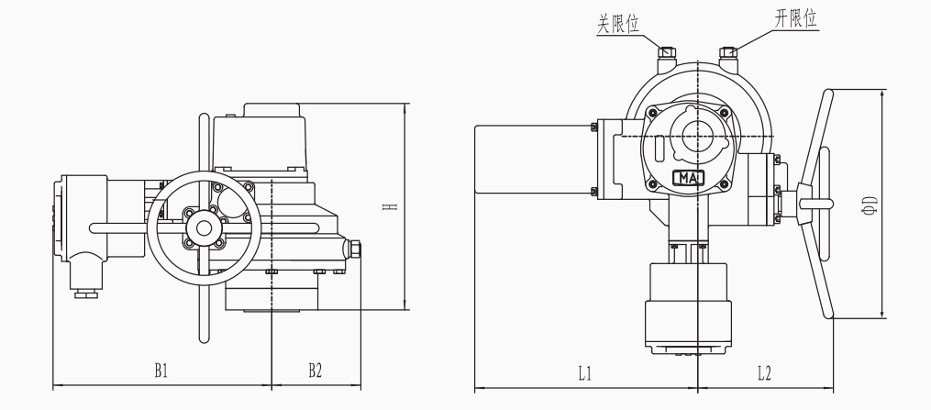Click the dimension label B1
pos(161,371)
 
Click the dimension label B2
pos(315,371)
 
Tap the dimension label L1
pos(585,372)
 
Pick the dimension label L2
pos(764,372)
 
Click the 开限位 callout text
pos(794,19)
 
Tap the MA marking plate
pos(689,177)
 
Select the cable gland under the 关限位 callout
pos(666,60)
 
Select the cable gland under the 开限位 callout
pos(729,60)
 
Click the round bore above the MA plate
pos(696,136)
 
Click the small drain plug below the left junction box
pos(86,294)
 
